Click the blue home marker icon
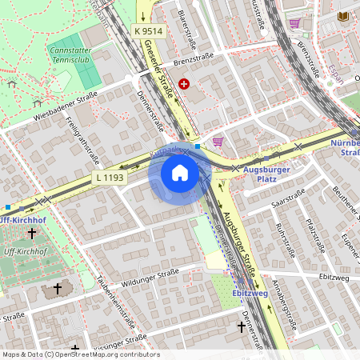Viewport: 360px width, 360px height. [180, 173]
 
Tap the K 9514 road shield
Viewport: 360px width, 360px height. [148, 31]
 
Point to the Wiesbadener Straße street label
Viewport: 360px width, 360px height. [66, 108]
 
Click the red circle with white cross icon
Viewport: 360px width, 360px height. [185, 83]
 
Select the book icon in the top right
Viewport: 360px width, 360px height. [343, 16]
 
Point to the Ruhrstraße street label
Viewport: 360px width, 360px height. [285, 241]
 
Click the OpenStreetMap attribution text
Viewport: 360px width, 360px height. [80, 354]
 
